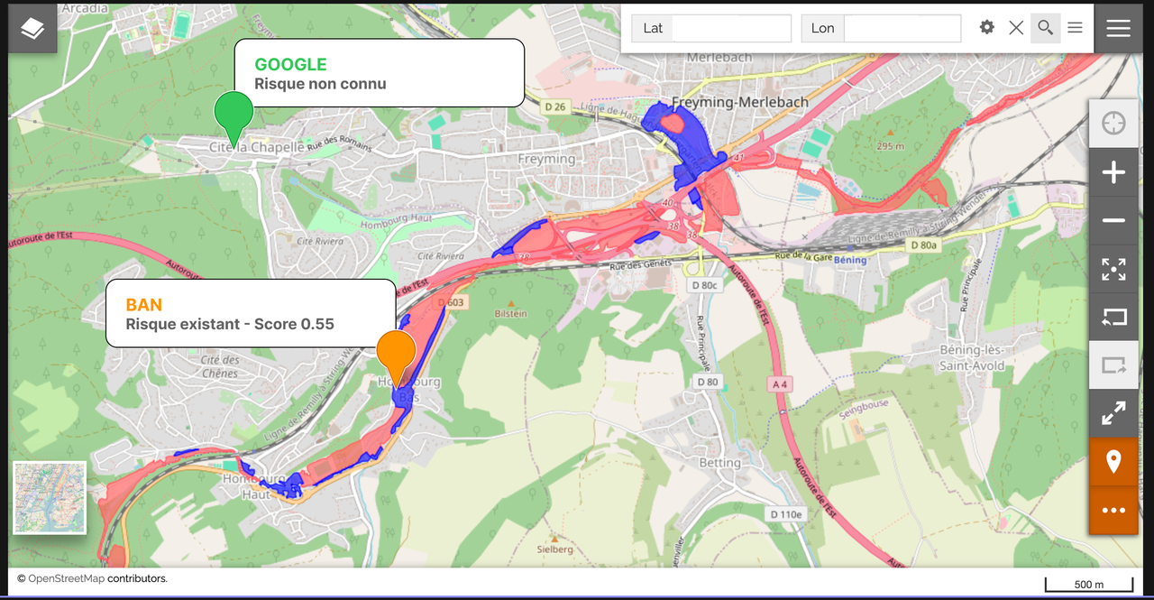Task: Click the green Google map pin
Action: [x=234, y=113]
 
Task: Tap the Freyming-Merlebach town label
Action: [x=740, y=102]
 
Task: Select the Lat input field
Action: [x=731, y=28]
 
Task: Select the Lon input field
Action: [x=902, y=28]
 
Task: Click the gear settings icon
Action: [x=987, y=28]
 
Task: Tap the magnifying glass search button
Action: [x=1045, y=28]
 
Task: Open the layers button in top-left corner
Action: [x=32, y=29]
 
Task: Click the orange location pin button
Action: [x=1113, y=462]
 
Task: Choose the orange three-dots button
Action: [x=1113, y=511]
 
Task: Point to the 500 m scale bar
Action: [x=1089, y=584]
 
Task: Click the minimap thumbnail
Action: [x=50, y=498]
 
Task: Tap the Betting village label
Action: [x=719, y=463]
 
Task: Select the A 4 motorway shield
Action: [x=780, y=384]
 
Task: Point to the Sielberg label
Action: [x=554, y=549]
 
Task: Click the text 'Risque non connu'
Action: [x=320, y=84]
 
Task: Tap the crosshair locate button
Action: [x=1113, y=123]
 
